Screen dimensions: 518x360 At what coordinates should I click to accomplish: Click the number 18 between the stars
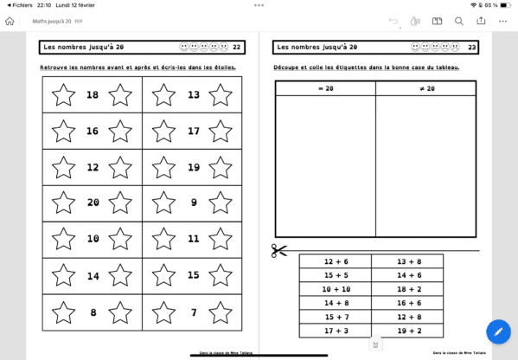(93, 95)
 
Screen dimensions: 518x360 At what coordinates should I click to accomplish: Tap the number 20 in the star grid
(93, 202)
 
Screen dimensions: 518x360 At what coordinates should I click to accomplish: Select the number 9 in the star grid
(193, 202)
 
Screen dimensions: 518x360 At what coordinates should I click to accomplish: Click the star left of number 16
(63, 132)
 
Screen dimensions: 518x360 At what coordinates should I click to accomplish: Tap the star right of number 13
(221, 95)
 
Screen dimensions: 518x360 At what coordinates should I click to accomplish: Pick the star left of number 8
(63, 312)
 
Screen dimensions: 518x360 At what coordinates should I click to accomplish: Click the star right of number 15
(221, 275)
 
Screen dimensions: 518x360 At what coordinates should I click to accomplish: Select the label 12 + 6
(335, 261)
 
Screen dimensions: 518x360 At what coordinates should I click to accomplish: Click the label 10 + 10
(335, 289)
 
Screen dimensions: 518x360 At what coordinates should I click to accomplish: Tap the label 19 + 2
(407, 331)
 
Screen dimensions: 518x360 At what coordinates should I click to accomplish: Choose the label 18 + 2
(407, 289)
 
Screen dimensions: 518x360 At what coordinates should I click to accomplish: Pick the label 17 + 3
(335, 331)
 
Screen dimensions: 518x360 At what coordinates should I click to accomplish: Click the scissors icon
(279, 251)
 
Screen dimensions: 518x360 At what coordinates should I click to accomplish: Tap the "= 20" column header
(325, 88)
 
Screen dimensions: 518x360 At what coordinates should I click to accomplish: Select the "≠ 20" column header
(425, 88)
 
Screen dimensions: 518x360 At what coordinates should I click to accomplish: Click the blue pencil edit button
(498, 331)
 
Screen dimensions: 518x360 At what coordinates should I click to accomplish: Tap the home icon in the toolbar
(10, 21)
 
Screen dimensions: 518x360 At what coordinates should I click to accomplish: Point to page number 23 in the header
(471, 47)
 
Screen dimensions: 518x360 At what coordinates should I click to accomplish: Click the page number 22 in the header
(237, 47)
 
